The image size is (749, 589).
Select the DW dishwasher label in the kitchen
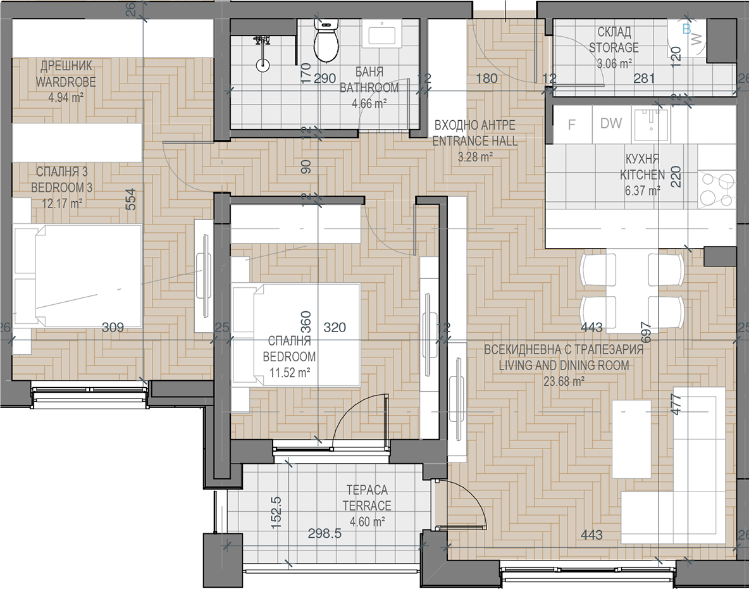(611, 123)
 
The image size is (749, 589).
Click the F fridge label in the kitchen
(571, 125)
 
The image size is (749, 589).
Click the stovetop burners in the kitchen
(716, 189)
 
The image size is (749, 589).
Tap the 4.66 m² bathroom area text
(369, 103)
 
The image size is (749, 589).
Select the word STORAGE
(614, 48)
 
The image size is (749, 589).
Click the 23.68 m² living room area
(564, 381)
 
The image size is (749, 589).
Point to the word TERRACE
(367, 505)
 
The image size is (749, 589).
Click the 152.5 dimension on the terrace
(276, 512)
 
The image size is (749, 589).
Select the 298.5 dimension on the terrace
(325, 533)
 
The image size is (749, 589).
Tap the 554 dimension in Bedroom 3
(130, 200)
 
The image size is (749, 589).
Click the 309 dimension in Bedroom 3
(113, 327)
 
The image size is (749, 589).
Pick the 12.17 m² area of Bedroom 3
(62, 204)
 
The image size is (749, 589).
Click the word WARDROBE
(65, 82)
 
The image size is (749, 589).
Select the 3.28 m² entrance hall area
(475, 157)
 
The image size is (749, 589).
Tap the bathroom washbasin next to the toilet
(381, 34)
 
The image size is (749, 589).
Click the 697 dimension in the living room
(647, 333)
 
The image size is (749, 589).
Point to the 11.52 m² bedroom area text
(290, 372)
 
